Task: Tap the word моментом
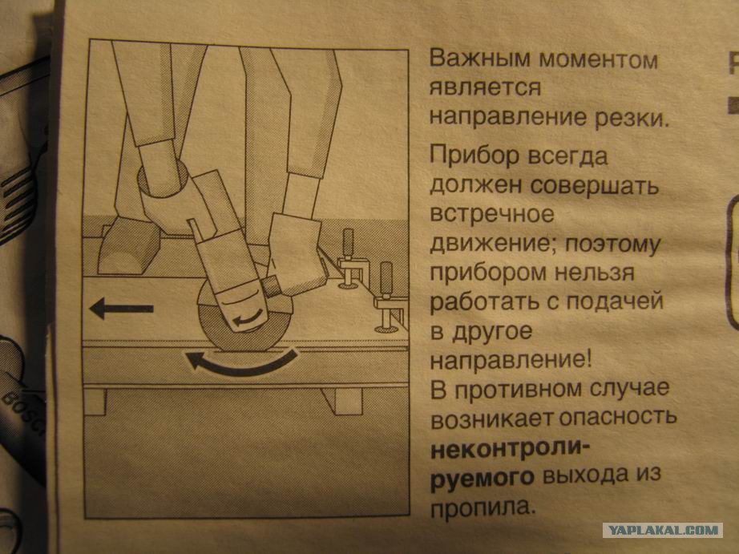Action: (599, 60)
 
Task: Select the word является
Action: (485, 88)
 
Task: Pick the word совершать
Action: (594, 185)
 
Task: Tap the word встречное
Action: (492, 215)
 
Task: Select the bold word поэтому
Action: (612, 245)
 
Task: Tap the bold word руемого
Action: (483, 477)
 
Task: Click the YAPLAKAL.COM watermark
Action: (663, 530)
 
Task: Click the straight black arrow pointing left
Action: (121, 309)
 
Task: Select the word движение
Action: (494, 245)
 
